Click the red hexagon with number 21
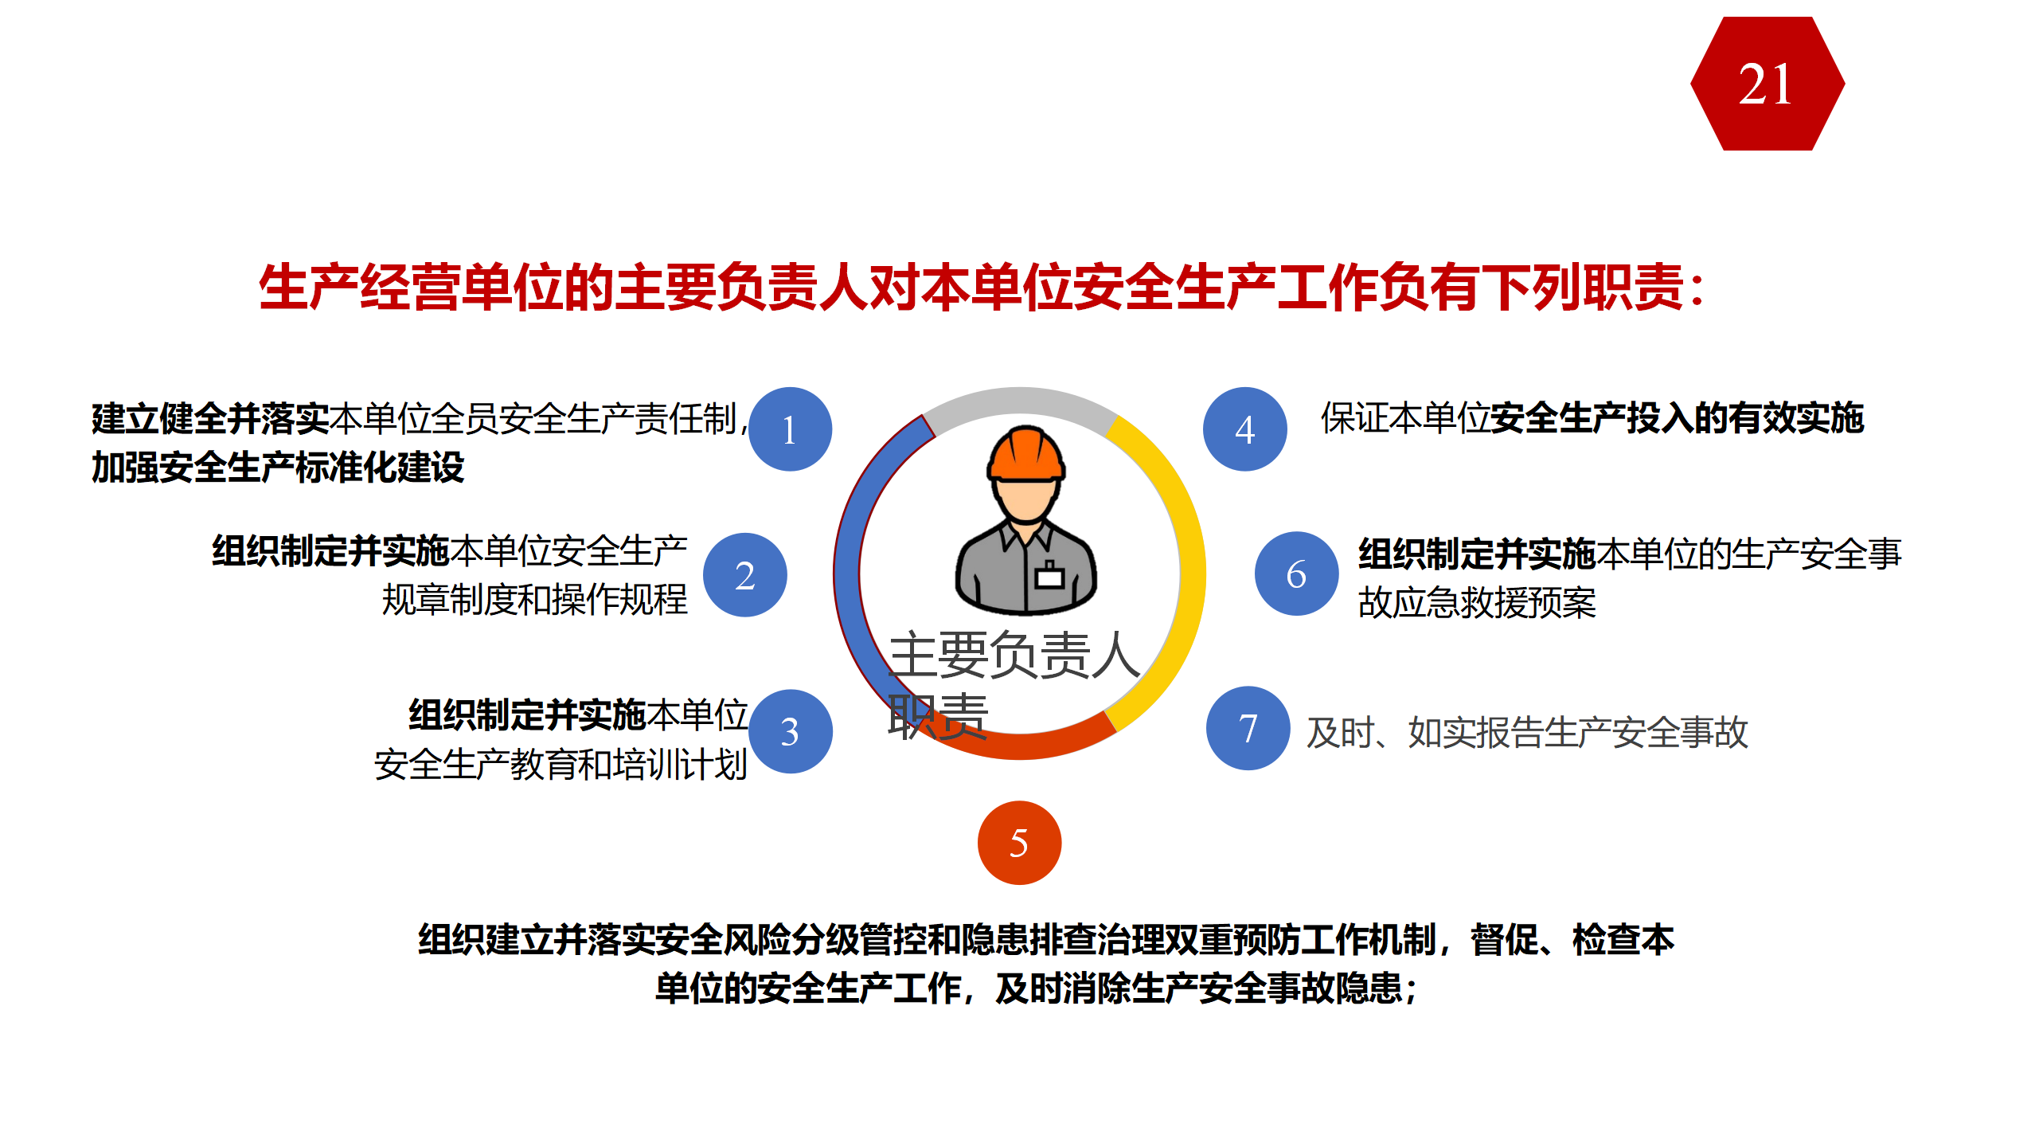tap(1768, 84)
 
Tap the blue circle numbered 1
tap(790, 429)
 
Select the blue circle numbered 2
tap(745, 575)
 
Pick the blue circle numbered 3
tap(790, 731)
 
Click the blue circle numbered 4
tap(1245, 429)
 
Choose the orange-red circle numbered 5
tap(1019, 843)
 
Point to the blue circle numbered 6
tap(1297, 573)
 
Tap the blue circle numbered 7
tap(1248, 728)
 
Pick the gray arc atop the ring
tap(1020, 400)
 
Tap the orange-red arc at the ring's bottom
tap(1035, 745)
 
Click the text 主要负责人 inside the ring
tap(1014, 655)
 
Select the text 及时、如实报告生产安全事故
tap(1527, 732)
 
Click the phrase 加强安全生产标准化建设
tap(278, 467)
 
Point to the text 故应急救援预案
tap(1477, 602)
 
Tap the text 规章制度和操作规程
tap(534, 599)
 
